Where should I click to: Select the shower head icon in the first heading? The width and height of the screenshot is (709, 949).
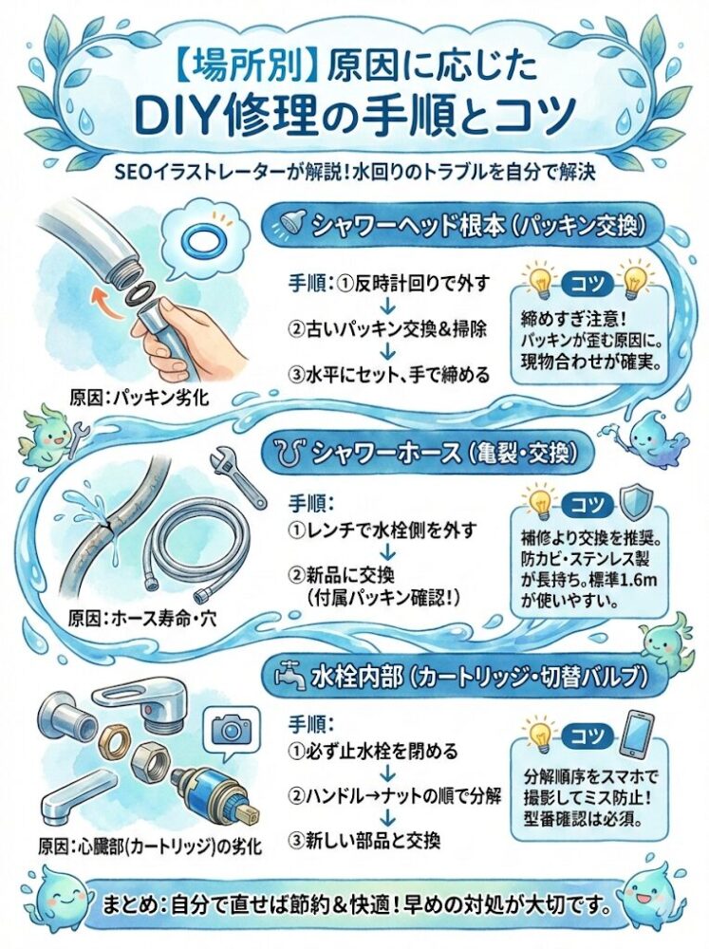tap(290, 226)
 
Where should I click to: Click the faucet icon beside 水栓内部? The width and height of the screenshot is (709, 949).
tap(290, 676)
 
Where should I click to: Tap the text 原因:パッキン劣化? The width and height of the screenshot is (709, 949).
tap(139, 398)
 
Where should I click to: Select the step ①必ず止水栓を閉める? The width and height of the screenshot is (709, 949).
tap(372, 752)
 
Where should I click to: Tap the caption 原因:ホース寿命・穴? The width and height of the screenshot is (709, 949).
tap(141, 619)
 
